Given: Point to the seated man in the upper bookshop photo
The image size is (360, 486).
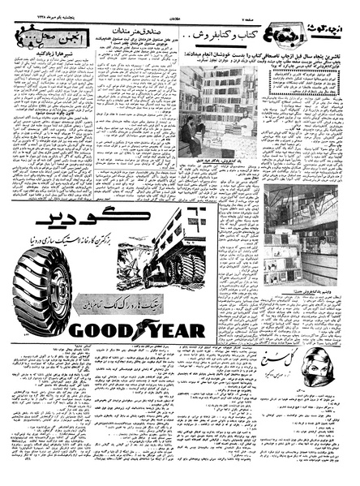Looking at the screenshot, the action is (189, 134).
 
